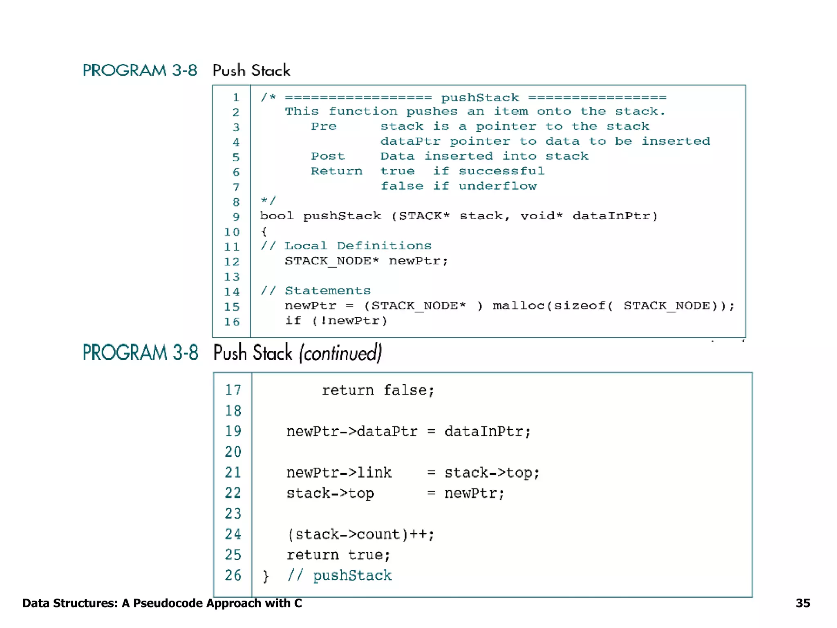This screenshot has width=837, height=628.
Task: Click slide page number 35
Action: [x=803, y=603]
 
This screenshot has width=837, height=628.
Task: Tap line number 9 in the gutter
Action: [x=236, y=217]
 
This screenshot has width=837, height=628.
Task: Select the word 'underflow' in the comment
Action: [x=497, y=186]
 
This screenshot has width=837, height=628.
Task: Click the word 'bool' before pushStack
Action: [x=277, y=216]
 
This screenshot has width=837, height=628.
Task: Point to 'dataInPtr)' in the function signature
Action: [x=615, y=216]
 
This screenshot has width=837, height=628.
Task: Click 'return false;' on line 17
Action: [x=378, y=390]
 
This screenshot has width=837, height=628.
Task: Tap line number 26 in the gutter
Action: [x=233, y=575]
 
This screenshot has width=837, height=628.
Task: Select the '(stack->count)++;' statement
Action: [x=360, y=534]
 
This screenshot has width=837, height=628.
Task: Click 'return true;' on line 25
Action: [x=338, y=555]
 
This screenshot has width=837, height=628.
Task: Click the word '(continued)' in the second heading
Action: [x=340, y=353]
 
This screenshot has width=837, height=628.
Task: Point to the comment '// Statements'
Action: [x=316, y=291]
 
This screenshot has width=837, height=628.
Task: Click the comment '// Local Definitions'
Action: [x=346, y=246]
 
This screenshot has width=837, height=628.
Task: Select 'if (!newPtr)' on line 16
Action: [x=336, y=321]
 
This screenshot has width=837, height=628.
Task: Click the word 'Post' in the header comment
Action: [x=328, y=156]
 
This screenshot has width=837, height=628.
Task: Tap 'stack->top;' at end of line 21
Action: [x=492, y=473]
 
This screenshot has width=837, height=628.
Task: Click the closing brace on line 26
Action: [x=266, y=576]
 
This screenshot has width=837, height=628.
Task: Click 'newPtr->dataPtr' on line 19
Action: [x=351, y=431]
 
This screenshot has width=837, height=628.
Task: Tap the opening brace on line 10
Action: [x=264, y=232]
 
